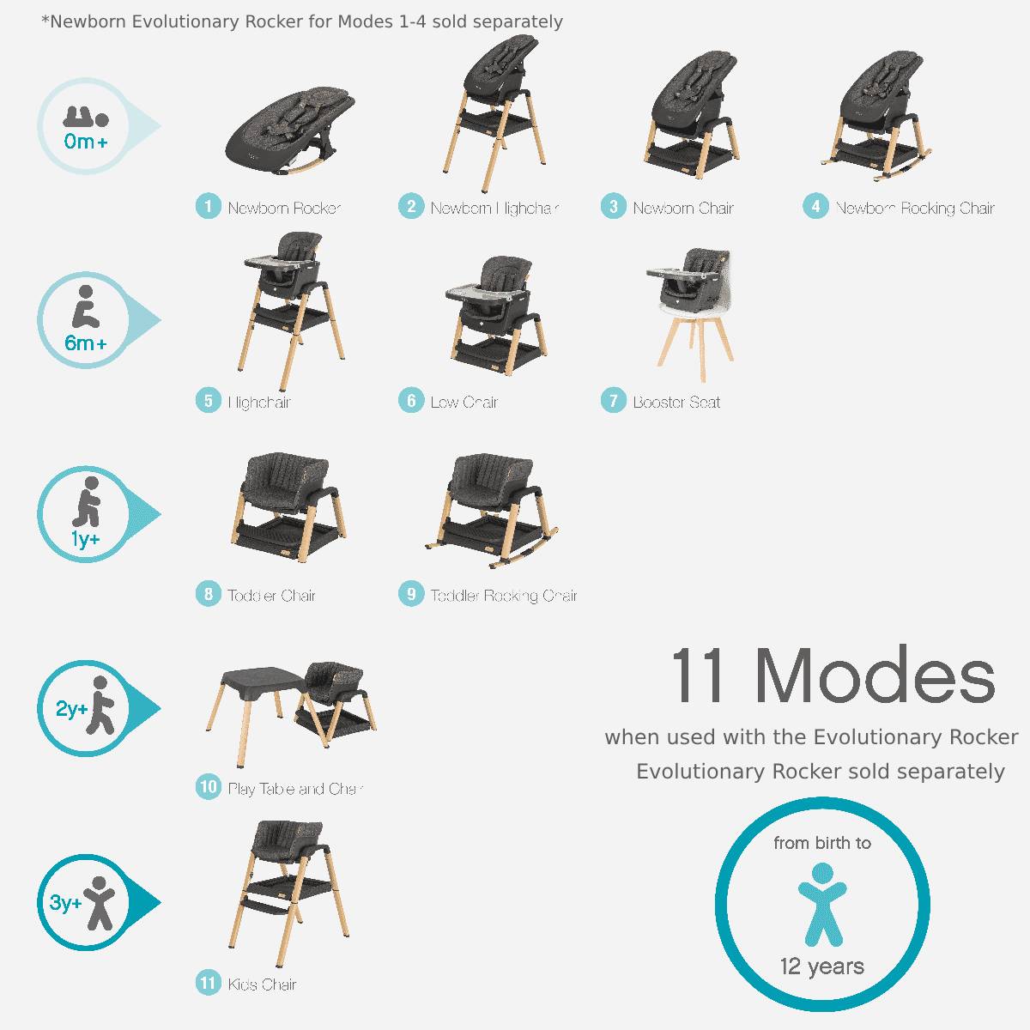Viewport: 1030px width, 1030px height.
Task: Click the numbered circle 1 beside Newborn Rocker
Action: [208, 207]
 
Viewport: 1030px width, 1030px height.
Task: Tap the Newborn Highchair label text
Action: [494, 208]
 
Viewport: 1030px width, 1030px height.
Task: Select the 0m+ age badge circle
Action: [85, 127]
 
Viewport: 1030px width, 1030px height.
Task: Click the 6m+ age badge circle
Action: [85, 321]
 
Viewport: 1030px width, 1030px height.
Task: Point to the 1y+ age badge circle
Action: [85, 515]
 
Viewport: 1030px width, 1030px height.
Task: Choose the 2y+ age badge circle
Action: [85, 709]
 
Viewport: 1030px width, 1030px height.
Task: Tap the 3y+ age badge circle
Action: [85, 903]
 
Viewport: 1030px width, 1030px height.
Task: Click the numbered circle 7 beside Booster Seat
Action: [613, 401]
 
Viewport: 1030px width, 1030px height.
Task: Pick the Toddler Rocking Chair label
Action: [504, 595]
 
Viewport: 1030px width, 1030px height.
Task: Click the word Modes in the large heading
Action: [875, 676]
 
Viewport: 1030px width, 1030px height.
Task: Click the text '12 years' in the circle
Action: [822, 966]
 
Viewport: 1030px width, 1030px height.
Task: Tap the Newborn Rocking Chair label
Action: [915, 208]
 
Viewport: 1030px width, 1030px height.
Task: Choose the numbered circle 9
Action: [411, 594]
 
